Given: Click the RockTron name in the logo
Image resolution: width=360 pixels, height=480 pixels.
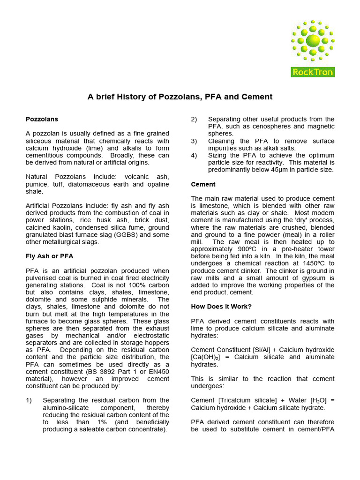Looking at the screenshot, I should coord(313,72).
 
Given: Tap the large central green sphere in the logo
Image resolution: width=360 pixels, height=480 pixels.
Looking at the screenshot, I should coord(313,41).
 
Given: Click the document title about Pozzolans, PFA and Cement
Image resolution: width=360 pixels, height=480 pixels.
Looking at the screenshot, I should coord(180,97).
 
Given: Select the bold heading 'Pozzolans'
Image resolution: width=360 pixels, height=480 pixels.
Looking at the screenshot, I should coord(42,119).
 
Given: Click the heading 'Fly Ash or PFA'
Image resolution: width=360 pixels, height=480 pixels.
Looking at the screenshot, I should coord(49,256).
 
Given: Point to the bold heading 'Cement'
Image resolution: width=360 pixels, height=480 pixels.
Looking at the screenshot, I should coord(203,184).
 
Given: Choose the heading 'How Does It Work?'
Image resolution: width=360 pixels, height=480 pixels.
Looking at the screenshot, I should coord(221,306).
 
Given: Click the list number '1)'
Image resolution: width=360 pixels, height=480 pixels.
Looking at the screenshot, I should coord(29,400).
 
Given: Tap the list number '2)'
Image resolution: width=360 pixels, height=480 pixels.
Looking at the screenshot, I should coord(195,119).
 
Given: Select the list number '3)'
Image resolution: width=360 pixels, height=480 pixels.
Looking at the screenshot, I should coord(195,141).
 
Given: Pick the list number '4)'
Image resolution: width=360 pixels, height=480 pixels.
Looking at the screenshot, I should coord(195,155).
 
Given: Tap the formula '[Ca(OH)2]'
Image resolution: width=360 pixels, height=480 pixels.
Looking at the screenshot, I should coord(207,357).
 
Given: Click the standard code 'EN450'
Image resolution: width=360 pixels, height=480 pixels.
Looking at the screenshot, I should coord(158,372).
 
